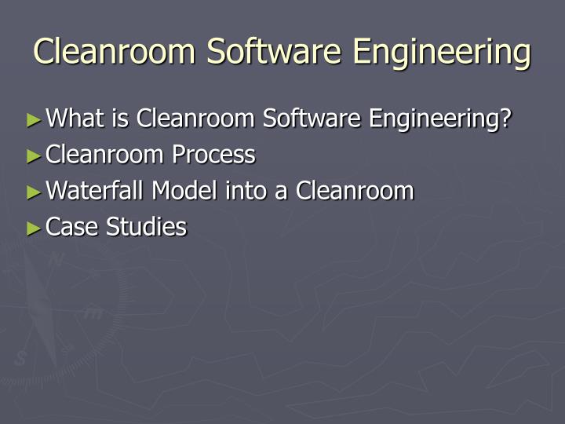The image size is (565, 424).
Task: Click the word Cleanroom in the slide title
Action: point(115,52)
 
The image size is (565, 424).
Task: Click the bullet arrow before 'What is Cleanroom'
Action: point(33,120)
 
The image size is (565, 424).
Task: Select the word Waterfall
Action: point(97,191)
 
